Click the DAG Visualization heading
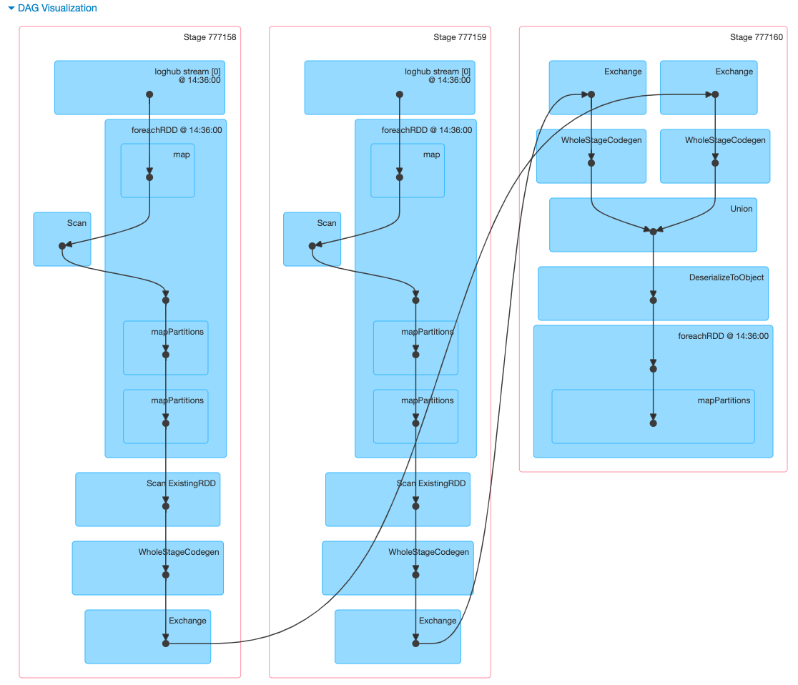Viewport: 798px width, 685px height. [x=57, y=9]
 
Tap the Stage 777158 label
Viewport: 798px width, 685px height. [x=210, y=37]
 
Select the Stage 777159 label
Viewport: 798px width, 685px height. [x=460, y=37]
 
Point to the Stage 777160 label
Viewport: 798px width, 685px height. [x=757, y=37]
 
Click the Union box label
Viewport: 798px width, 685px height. [x=742, y=209]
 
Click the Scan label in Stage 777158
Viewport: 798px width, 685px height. [x=77, y=223]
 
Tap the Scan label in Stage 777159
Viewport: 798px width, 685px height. [x=327, y=223]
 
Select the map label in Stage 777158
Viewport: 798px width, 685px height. [x=182, y=154]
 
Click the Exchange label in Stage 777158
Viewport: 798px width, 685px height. [x=187, y=621]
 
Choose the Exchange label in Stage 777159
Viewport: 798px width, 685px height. [x=438, y=621]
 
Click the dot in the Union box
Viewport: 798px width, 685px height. [x=653, y=231]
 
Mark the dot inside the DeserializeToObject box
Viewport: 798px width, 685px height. [x=653, y=300]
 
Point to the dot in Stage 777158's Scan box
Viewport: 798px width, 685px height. [x=62, y=246]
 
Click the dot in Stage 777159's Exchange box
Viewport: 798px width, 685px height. [x=415, y=644]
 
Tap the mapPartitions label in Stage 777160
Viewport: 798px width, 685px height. [x=724, y=400]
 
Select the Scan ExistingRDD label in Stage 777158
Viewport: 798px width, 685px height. [x=181, y=483]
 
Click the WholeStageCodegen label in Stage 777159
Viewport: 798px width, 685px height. [x=429, y=552]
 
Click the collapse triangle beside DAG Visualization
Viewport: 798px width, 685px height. [x=11, y=9]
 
